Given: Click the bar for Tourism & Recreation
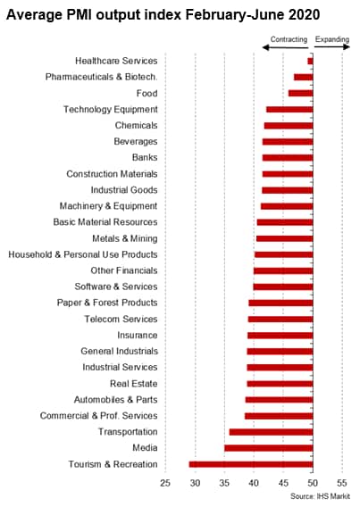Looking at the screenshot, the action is (x=251, y=464).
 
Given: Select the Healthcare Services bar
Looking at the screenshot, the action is (x=311, y=61).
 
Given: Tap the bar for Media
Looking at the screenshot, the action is (x=269, y=448).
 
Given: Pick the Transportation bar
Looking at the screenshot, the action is (x=271, y=432).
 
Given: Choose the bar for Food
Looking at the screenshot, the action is (x=301, y=93).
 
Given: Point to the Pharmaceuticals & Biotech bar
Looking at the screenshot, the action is (x=304, y=77).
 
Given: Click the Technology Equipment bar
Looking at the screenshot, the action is (x=289, y=109).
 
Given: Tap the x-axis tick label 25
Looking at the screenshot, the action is (x=165, y=483).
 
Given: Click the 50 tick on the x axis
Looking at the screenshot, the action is (x=313, y=483).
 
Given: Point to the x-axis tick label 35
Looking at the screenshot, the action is (x=224, y=483).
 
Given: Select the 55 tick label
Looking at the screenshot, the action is (x=342, y=483).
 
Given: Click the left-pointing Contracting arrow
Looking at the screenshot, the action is (x=285, y=48).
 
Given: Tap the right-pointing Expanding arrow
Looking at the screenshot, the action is (x=332, y=47).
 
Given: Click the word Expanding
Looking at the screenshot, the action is (x=332, y=39).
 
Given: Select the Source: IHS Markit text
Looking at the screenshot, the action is (x=320, y=496).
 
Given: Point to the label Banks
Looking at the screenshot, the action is (x=145, y=157).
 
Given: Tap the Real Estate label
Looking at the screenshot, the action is (x=134, y=384).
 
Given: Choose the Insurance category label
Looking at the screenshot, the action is (x=138, y=335).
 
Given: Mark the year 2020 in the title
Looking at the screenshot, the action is (x=304, y=14).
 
